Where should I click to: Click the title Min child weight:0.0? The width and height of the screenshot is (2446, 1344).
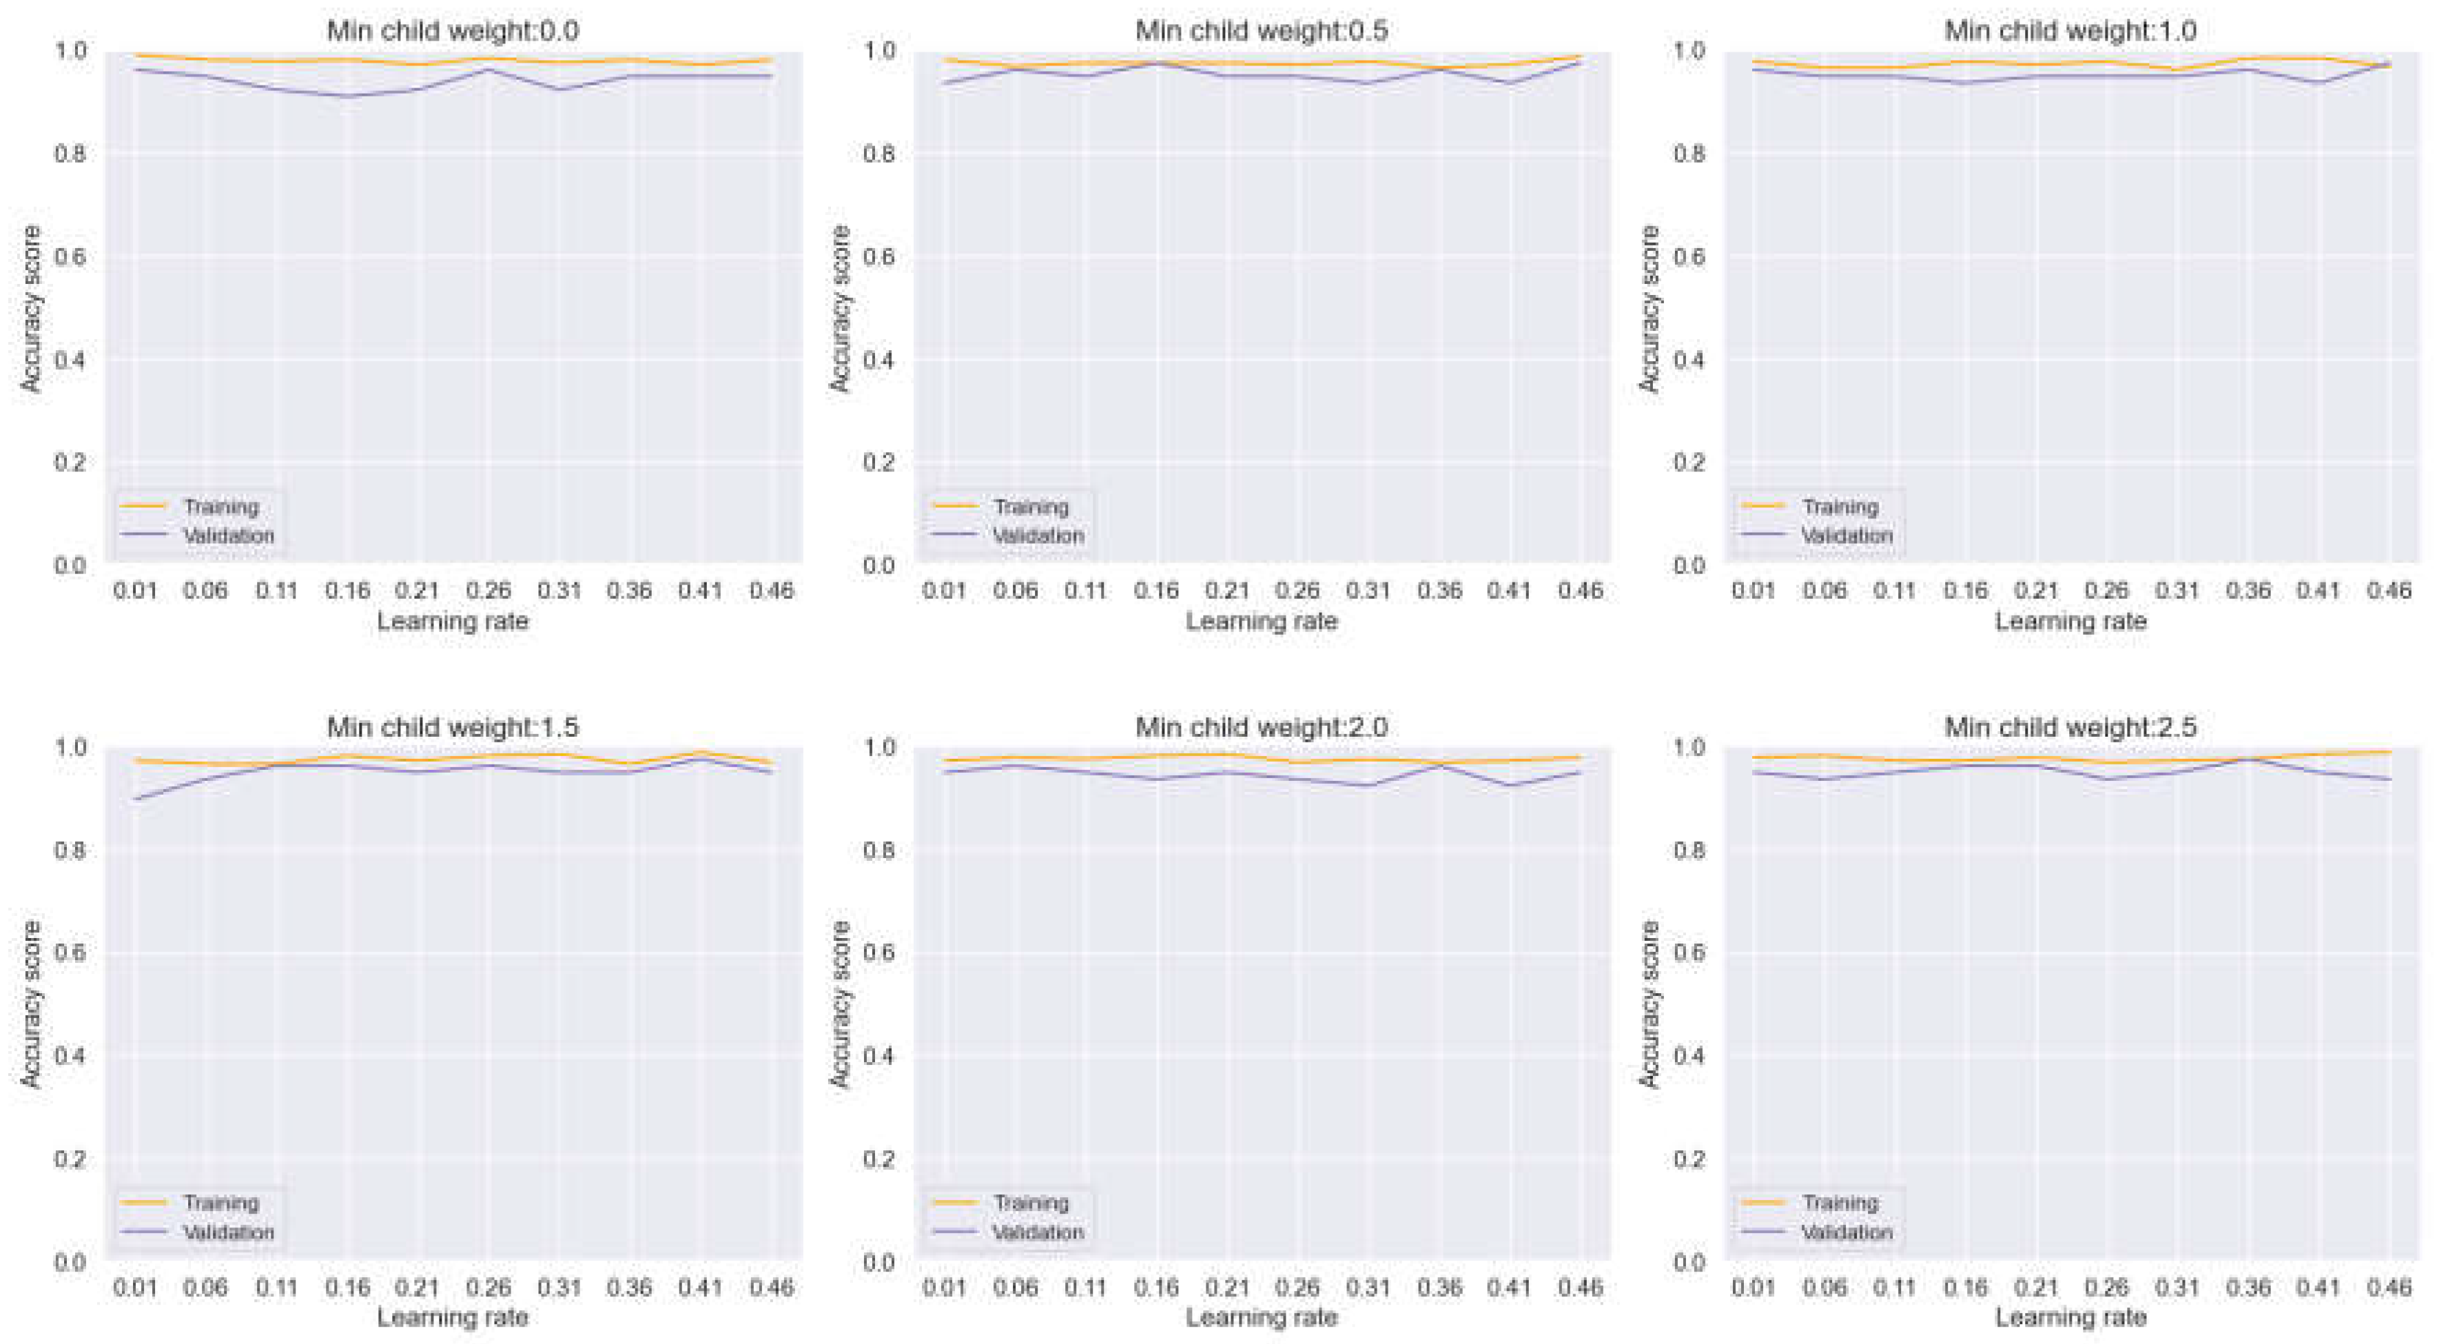click(453, 30)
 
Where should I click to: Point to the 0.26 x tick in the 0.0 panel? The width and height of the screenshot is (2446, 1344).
click(488, 591)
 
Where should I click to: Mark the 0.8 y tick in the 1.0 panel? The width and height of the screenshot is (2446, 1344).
click(1689, 154)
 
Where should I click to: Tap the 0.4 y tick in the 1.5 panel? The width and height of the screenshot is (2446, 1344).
click(70, 1056)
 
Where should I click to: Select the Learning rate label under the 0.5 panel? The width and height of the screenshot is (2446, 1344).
click(1261, 621)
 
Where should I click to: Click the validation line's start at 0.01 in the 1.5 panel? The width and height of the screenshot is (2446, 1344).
click(136, 799)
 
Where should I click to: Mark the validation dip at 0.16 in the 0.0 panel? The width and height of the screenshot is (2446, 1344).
click(347, 96)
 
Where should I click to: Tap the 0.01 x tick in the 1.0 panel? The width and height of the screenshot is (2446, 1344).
click(1753, 591)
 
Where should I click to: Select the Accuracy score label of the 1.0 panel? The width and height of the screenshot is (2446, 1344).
click(1649, 308)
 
